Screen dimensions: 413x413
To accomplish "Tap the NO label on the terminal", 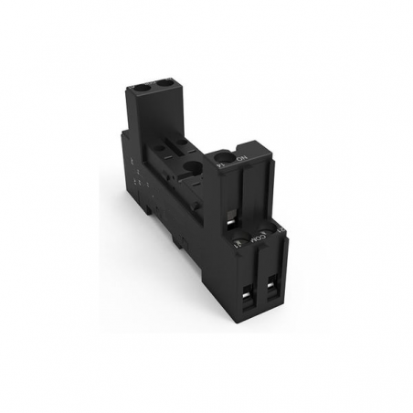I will [x=240, y=159].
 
